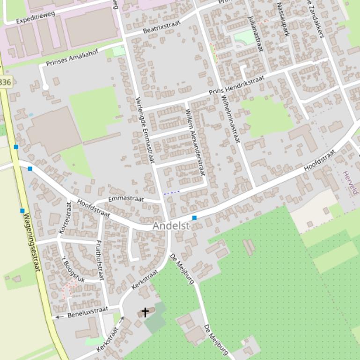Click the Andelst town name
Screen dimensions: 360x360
click(x=171, y=226)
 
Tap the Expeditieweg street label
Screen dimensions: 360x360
click(x=35, y=18)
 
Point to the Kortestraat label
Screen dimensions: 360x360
click(x=64, y=218)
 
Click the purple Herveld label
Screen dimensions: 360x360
click(x=350, y=183)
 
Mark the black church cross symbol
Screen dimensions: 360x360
click(x=145, y=312)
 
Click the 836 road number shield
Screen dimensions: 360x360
click(x=5, y=82)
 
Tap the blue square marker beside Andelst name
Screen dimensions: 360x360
click(x=194, y=218)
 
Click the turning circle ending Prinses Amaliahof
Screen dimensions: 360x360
click(x=45, y=87)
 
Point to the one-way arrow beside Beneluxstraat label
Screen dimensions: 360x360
click(x=59, y=317)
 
